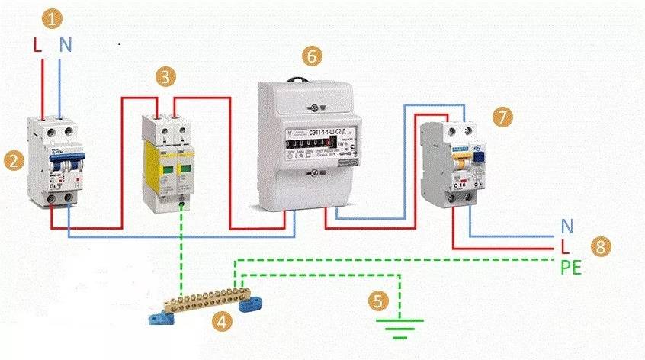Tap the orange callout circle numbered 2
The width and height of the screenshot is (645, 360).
(x=11, y=159)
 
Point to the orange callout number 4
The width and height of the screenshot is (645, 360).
(x=221, y=322)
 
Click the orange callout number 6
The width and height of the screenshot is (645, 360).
(x=310, y=56)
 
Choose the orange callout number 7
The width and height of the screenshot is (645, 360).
(x=501, y=116)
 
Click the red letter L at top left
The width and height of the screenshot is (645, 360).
(x=37, y=46)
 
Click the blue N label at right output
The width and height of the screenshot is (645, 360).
(x=567, y=227)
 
